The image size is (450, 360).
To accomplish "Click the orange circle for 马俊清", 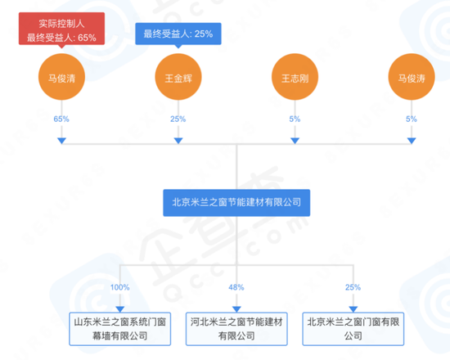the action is pyautogui.click(x=61, y=77).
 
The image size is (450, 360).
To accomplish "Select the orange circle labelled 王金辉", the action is pyautogui.click(x=178, y=77).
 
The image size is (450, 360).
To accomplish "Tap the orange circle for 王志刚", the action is pyautogui.click(x=295, y=77).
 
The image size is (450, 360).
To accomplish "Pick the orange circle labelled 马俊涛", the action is pyautogui.click(x=412, y=77).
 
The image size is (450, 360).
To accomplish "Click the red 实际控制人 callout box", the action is pyautogui.click(x=61, y=29).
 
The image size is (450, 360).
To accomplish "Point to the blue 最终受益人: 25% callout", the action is pyautogui.click(x=178, y=34).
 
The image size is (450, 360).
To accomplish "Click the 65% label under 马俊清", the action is pyautogui.click(x=61, y=119).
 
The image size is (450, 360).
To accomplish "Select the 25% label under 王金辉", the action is pyautogui.click(x=178, y=119).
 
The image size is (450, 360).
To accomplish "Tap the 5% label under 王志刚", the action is pyautogui.click(x=295, y=119).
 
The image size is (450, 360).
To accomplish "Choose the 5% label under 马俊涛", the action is pyautogui.click(x=412, y=119).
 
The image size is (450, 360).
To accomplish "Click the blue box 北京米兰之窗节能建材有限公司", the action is pyautogui.click(x=236, y=203).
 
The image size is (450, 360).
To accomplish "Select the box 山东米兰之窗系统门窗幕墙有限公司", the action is pyautogui.click(x=120, y=329).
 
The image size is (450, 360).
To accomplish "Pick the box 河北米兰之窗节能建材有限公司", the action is pyautogui.click(x=236, y=329).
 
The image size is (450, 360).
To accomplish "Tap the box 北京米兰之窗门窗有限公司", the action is pyautogui.click(x=353, y=329).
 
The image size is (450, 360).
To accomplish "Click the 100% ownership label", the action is pyautogui.click(x=120, y=287).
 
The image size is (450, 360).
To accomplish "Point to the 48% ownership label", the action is pyautogui.click(x=236, y=287).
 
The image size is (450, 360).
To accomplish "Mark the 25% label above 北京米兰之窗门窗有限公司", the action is pyautogui.click(x=353, y=287).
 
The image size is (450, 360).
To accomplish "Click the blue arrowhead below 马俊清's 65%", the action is pyautogui.click(x=61, y=141).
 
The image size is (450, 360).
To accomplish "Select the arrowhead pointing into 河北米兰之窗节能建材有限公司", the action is pyautogui.click(x=236, y=309).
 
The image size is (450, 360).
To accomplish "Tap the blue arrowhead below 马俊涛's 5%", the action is pyautogui.click(x=412, y=141).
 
